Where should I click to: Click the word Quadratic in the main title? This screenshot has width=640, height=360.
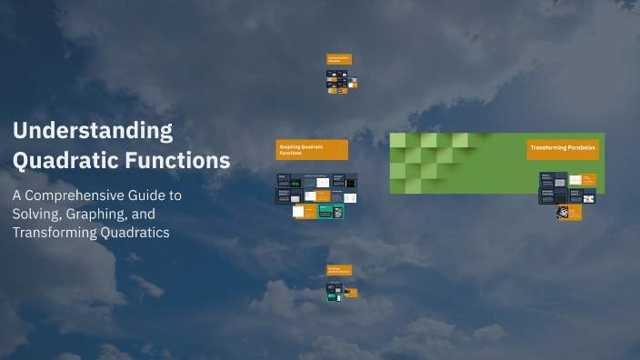pos(56,161)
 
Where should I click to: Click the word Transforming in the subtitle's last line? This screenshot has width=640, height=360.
pos(55,233)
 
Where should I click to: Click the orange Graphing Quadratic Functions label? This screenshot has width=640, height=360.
pos(312,150)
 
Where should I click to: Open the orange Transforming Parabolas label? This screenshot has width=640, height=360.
pos(563,149)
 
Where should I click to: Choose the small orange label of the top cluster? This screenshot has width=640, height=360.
pos(339,59)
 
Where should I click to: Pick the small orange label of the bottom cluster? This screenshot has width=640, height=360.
pos(339,270)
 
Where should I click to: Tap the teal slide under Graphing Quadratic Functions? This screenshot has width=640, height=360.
pos(331,211)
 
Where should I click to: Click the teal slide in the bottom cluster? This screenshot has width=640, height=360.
pos(335,288)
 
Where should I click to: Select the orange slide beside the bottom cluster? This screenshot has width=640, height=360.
pos(352,293)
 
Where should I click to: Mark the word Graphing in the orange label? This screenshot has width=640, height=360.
pos(291,146)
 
